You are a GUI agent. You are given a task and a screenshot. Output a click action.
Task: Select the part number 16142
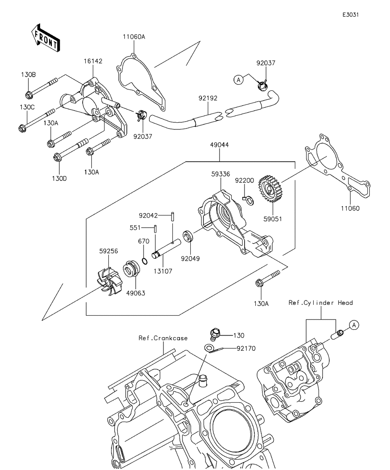click(x=93, y=62)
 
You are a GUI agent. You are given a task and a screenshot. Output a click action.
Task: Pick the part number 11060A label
click(x=134, y=37)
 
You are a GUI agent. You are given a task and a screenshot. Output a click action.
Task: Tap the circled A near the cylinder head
click(x=353, y=324)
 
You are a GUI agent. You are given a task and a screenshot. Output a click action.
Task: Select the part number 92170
click(x=246, y=348)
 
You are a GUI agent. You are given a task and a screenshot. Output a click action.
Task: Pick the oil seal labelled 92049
click(x=188, y=236)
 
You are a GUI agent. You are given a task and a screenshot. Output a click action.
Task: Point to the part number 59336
click(x=220, y=174)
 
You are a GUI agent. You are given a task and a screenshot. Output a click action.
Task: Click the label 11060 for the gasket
click(x=349, y=208)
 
